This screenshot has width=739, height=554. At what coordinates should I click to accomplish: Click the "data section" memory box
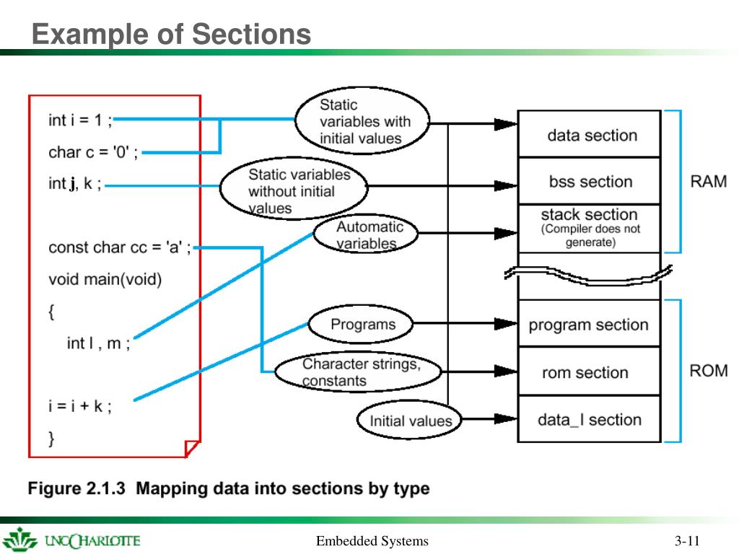pos(589,133)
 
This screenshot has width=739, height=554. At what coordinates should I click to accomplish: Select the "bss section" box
pos(589,181)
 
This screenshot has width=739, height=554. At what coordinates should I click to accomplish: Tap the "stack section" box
pos(589,229)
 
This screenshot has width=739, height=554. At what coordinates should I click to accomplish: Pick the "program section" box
pos(589,324)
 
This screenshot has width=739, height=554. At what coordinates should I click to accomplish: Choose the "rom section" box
pos(589,371)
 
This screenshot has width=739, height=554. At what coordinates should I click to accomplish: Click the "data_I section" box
pos(589,419)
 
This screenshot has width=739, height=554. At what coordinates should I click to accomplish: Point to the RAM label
pos(709,181)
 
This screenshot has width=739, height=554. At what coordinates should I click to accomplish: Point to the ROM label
pos(709,371)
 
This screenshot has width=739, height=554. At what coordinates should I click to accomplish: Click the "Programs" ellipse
pos(361,324)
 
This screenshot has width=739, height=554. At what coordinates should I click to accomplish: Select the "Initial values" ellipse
pos(409,420)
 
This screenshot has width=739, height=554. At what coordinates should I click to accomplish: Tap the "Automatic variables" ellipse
pos(366,234)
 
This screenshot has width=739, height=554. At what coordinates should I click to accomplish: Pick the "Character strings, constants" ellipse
pos(358,371)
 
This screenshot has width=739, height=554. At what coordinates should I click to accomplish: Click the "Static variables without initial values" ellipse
pos(294,188)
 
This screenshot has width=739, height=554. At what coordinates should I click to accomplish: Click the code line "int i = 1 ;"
pos(80,120)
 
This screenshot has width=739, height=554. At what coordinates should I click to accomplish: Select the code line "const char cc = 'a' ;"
pos(120,247)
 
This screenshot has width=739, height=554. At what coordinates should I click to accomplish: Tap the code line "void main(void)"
pos(105,279)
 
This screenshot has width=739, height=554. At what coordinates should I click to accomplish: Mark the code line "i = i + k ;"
pos(80,406)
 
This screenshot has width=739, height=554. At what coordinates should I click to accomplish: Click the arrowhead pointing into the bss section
pos(506,185)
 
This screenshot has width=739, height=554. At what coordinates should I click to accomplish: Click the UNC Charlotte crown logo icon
pos(19,540)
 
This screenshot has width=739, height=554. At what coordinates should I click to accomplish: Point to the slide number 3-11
pos(687,541)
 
